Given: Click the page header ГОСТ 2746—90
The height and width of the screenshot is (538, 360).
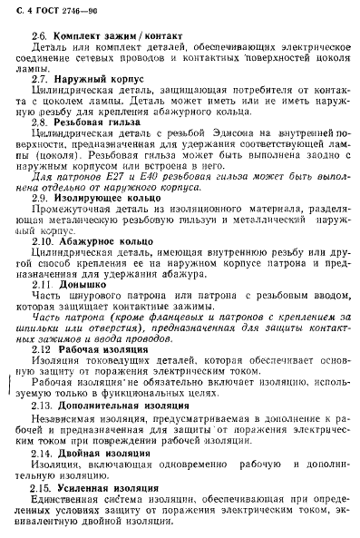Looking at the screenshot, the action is coord(56,11).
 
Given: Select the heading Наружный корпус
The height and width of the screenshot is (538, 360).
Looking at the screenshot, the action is coord(94,80).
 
